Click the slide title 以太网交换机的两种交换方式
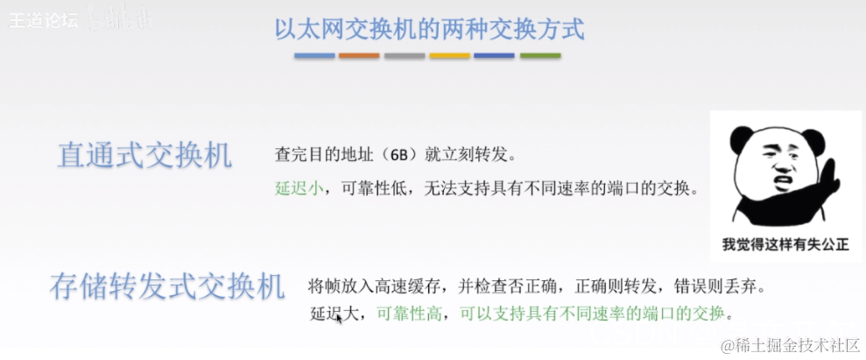[428, 28]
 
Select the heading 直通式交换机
[144, 155]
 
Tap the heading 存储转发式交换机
[167, 286]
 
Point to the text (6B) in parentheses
[400, 156]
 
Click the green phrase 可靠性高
[408, 313]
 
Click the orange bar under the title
[359, 56]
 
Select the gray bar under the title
[405, 56]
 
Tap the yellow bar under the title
[449, 56]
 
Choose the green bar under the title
[540, 56]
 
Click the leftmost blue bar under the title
[314, 56]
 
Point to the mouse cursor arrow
[339, 320]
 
